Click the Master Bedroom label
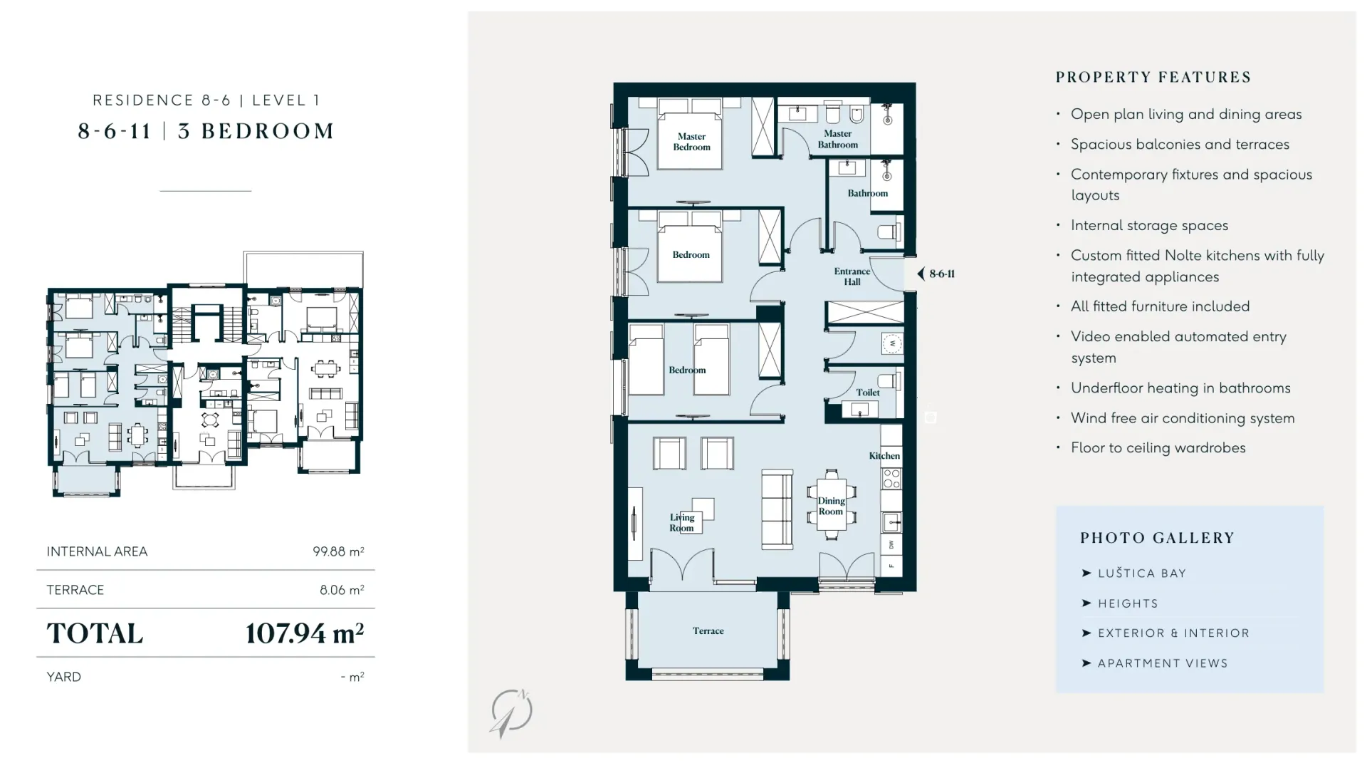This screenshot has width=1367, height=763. coord(691,142)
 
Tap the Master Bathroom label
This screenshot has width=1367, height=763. coord(837,139)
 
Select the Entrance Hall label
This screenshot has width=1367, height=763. coord(852,276)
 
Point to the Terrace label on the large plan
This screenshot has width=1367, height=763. coord(708,630)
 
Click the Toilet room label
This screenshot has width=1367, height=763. coord(867,393)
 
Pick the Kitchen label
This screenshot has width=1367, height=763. coord(884,456)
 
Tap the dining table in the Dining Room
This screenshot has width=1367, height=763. coord(831,504)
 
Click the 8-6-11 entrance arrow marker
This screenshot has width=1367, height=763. coord(921,274)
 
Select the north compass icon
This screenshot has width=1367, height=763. coord(511,712)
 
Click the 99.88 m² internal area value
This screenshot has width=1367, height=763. coord(338,551)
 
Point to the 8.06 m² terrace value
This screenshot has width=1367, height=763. coord(342,590)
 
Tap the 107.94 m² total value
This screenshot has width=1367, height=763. coord(305,633)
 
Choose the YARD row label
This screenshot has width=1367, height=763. coord(64,677)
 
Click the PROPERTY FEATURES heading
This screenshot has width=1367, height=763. coord(1153,77)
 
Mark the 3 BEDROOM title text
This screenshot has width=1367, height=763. coord(256,131)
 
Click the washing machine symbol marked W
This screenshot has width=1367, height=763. coord(892,343)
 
